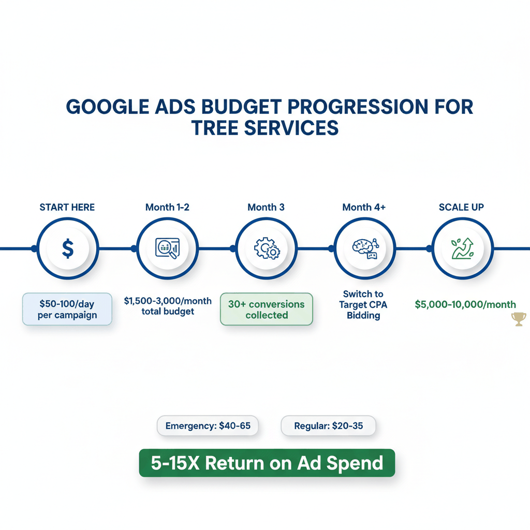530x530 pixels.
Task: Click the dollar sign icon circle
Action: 67,249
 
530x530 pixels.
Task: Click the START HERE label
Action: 67,208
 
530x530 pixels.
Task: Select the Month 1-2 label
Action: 167,208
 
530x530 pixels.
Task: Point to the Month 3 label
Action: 266,208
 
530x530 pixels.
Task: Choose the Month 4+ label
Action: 364,208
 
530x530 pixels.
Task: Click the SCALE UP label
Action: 462,208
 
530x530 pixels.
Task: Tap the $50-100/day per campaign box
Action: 67,309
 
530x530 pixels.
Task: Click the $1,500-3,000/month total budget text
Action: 168,306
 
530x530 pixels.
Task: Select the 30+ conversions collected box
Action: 267,309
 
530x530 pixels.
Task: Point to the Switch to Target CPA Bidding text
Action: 363,304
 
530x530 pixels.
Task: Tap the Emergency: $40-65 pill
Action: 207,426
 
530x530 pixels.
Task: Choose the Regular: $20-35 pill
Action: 328,426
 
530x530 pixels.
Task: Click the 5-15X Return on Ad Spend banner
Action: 267,463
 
